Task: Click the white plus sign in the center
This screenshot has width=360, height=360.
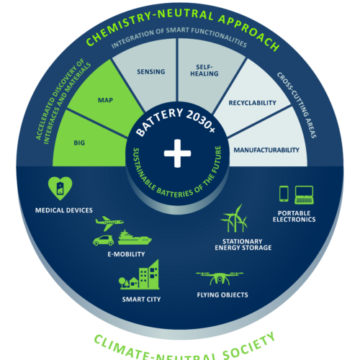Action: [177, 153]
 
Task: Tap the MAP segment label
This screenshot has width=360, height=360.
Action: [105, 100]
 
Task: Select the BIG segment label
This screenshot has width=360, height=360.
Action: [79, 143]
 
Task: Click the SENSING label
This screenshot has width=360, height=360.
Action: [151, 71]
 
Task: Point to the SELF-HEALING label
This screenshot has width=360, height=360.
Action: [204, 71]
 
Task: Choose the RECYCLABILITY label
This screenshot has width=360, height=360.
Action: [252, 103]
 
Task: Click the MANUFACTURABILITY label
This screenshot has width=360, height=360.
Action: [266, 150]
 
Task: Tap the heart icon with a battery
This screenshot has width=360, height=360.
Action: [60, 189]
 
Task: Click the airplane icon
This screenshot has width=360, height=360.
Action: [109, 223]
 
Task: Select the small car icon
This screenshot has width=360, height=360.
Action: [103, 240]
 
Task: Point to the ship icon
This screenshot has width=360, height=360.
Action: [135, 238]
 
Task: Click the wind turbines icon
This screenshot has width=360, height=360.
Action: [234, 218]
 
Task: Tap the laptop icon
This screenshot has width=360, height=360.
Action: [304, 195]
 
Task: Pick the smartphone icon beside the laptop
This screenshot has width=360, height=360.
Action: [284, 194]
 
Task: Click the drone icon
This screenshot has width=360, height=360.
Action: [220, 278]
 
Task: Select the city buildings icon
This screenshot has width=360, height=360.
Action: [139, 274]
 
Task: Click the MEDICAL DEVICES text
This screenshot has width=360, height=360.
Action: [64, 210]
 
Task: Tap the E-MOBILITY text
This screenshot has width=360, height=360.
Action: [126, 254]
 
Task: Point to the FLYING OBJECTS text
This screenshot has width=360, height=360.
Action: [222, 295]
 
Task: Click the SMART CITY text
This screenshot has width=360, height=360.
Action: [141, 300]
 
